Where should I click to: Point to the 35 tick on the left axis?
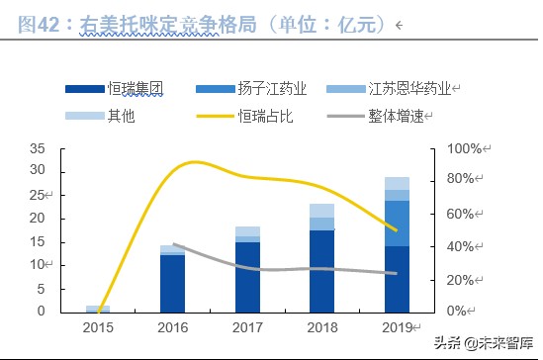(x=37, y=148)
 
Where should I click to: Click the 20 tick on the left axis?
(x=37, y=219)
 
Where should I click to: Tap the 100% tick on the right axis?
(x=463, y=148)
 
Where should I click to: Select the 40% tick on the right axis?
(x=463, y=246)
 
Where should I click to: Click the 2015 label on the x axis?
(x=97, y=327)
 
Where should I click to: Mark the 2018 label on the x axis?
(x=321, y=327)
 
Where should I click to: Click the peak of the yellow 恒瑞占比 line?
(x=195, y=162)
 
